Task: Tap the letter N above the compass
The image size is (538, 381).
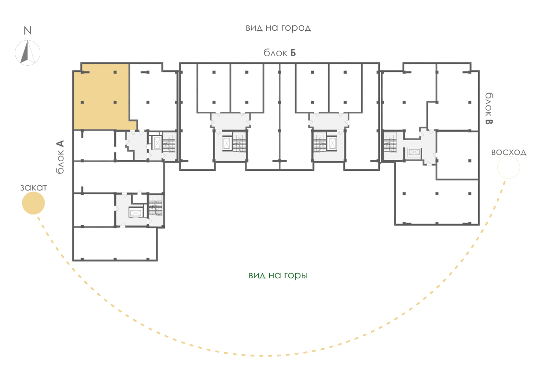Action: [x=27, y=31]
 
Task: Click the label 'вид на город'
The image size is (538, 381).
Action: [x=278, y=28]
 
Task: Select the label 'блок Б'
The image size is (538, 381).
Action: [x=280, y=53]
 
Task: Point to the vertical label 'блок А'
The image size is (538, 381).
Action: [x=60, y=156]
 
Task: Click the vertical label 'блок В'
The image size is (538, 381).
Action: [x=489, y=108]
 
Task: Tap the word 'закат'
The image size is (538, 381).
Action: [x=33, y=188]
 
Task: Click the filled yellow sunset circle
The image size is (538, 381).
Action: [x=33, y=203]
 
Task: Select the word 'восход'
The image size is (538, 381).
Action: [x=509, y=152]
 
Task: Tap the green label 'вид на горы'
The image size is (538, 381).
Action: [x=278, y=275]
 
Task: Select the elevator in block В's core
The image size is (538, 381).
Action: [x=414, y=153]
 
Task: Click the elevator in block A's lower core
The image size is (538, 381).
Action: [x=136, y=213]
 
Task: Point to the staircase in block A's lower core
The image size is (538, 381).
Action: [x=155, y=206]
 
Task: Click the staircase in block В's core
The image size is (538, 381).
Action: [x=390, y=143]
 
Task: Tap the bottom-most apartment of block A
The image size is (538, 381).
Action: [x=115, y=244]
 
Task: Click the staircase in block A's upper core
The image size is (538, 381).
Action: [x=169, y=143]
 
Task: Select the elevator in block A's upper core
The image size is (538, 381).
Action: [x=157, y=143]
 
